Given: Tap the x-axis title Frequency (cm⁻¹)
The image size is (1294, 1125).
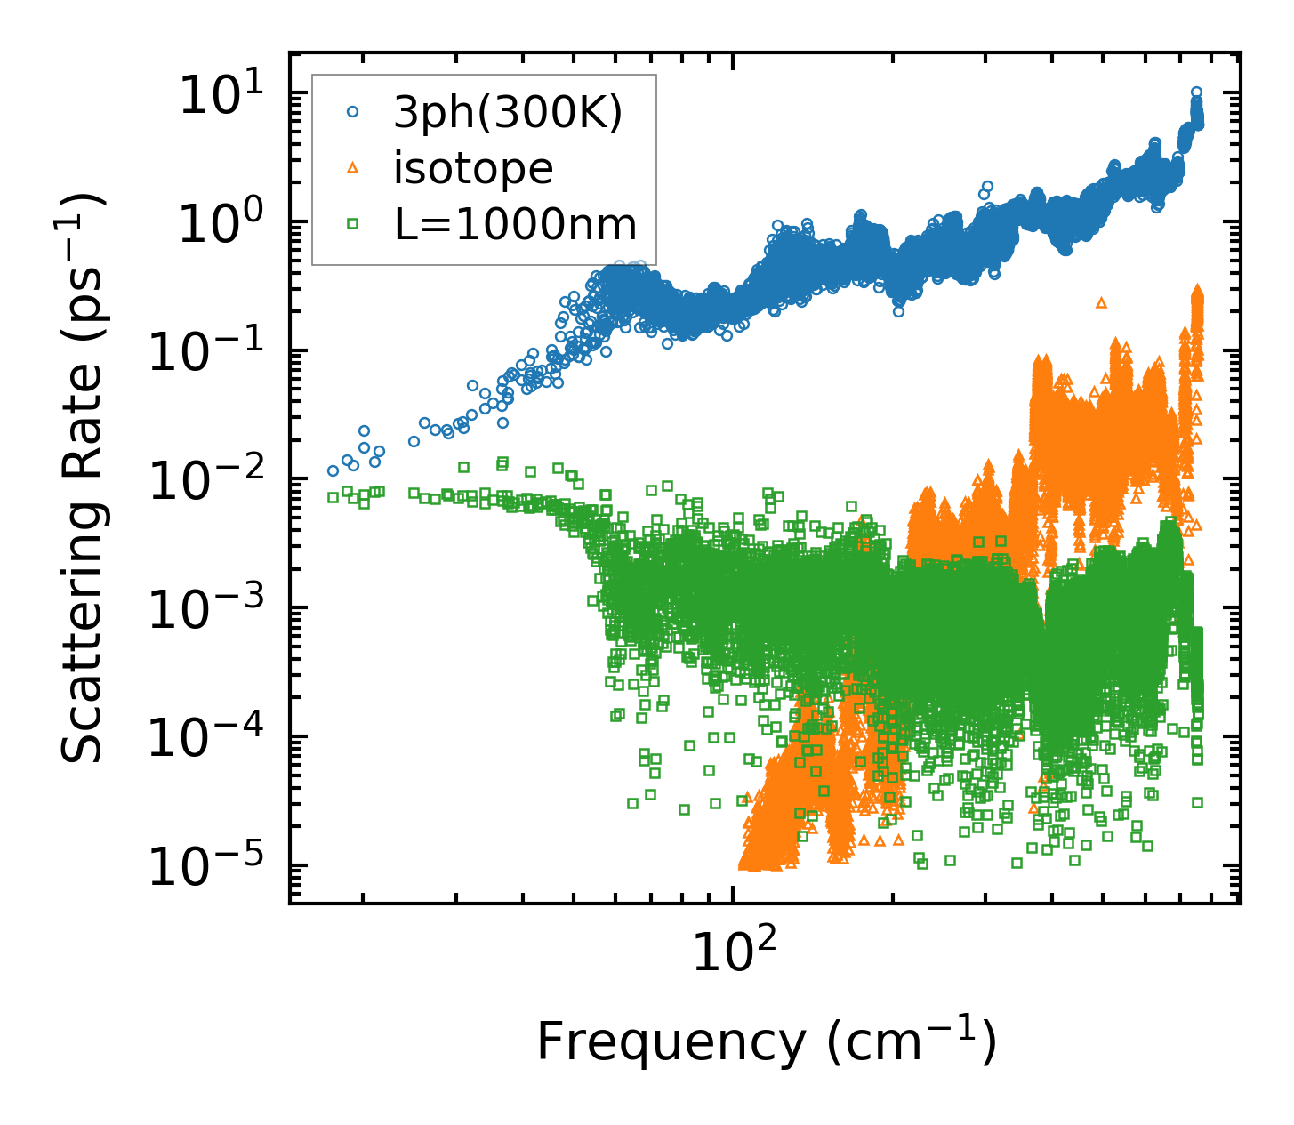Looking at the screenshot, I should coord(766,1041).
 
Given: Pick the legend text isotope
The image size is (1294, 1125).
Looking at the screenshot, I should coord(473,168).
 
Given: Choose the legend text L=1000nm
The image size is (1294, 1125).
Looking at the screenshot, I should coord(516,224).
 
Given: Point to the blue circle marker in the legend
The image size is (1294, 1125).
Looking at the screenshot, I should coord(352,112).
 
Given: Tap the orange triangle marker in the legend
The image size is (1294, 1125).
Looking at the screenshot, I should coord(352,167).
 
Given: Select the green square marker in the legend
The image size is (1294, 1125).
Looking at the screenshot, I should coord(352,224).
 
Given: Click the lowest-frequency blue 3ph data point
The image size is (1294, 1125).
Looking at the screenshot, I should coord(333,470).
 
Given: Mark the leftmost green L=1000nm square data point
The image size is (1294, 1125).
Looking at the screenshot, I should coord(333,497).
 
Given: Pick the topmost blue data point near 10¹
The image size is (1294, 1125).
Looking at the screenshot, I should coord(1196,92).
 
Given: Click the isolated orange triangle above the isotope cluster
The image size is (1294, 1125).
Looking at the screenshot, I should coord(1101,302).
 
